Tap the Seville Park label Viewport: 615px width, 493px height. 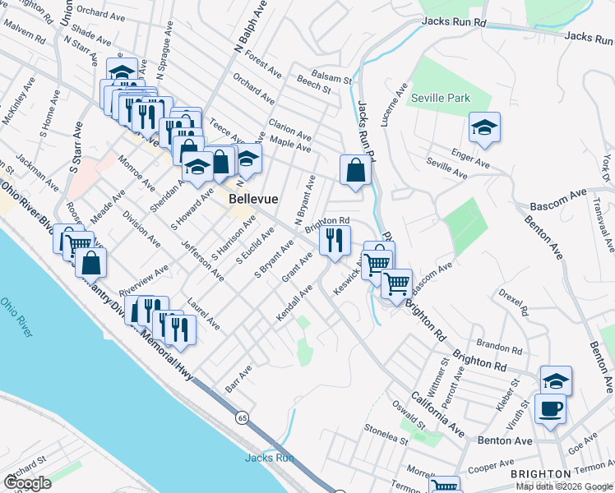click(442, 98)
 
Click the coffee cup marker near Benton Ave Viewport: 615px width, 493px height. click(550, 407)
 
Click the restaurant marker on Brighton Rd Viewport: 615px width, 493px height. click(334, 239)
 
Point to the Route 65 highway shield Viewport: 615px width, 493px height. click(242, 417)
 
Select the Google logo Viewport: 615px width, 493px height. click(26, 483)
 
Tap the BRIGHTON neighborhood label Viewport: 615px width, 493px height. click(540, 474)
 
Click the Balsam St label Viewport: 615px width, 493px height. click(335, 81)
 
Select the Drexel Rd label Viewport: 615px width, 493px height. click(512, 302)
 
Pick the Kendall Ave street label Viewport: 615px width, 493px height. click(294, 304)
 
